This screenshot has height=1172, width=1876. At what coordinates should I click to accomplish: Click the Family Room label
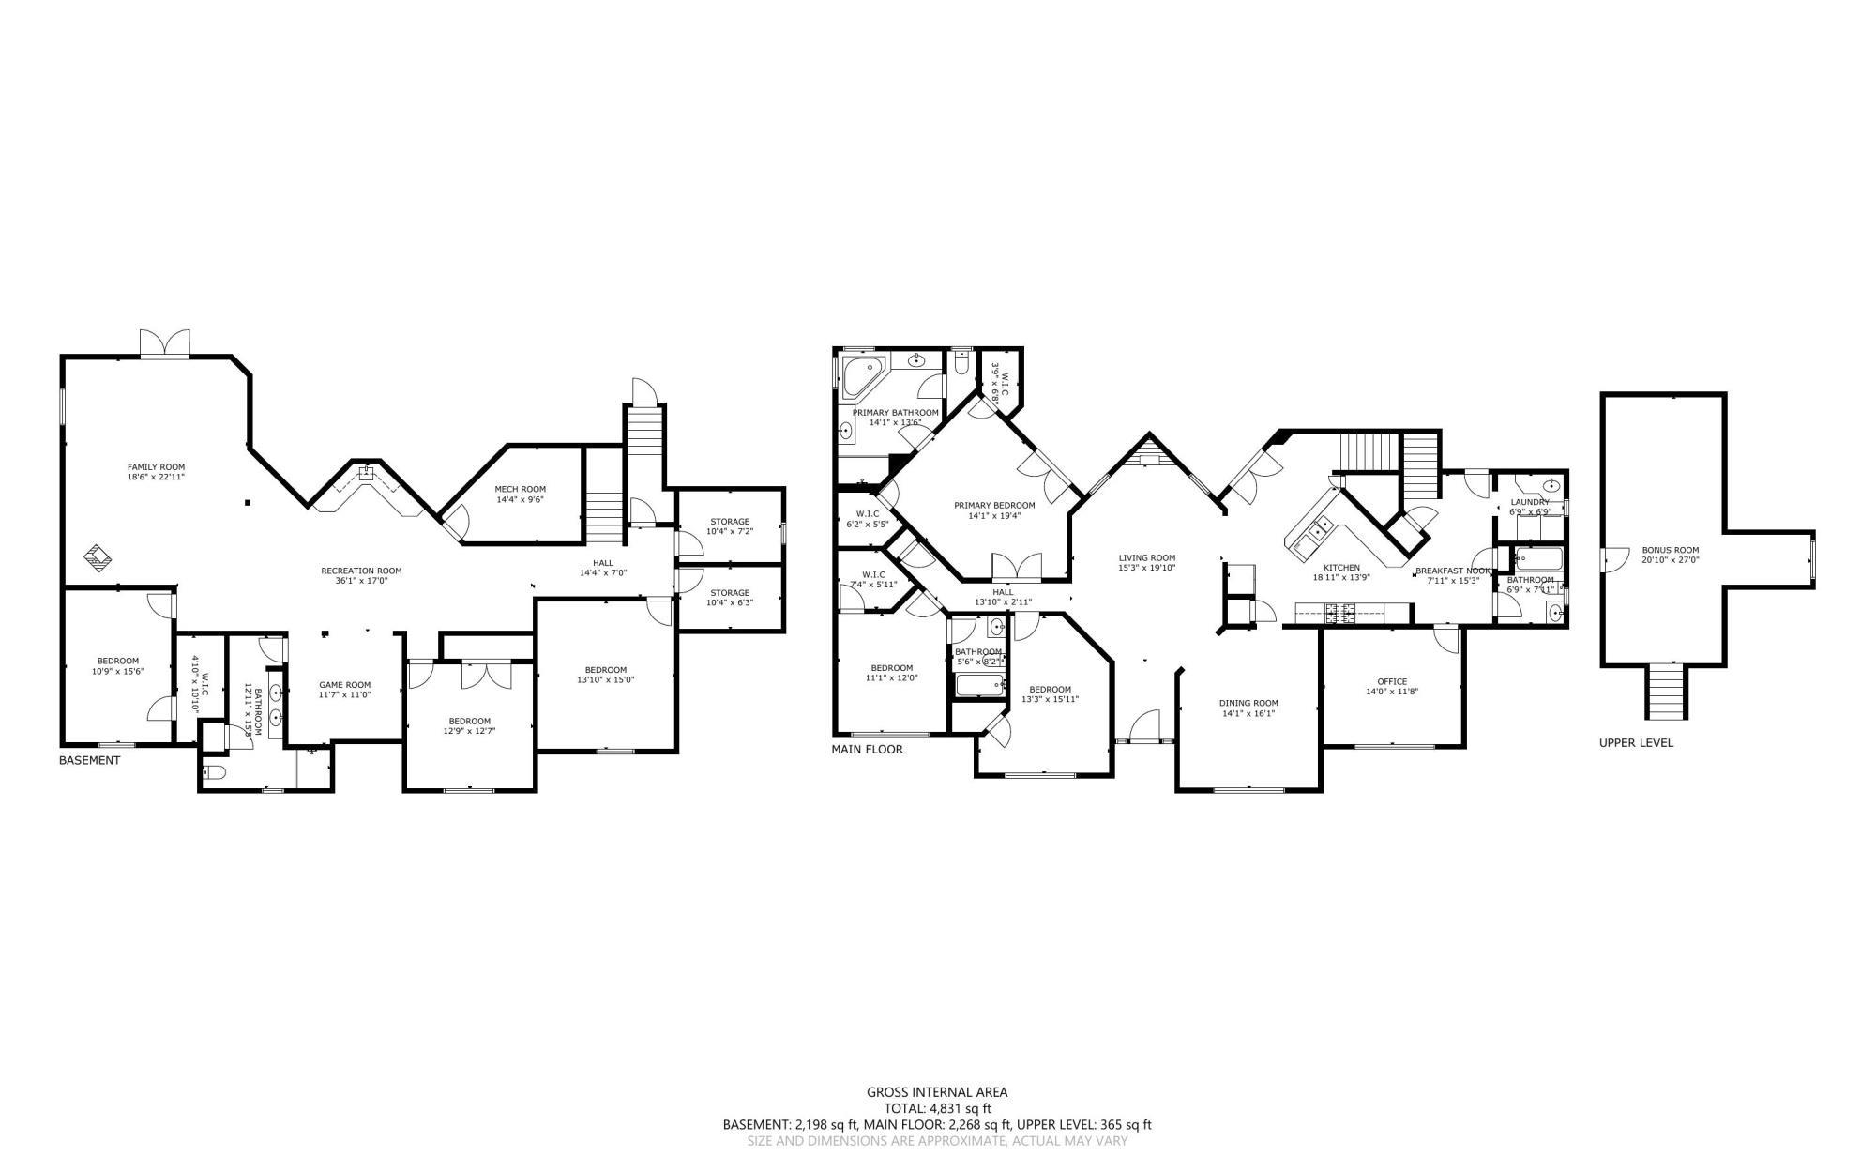[156, 466]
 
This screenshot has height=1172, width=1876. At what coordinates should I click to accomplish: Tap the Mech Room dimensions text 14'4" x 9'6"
[520, 500]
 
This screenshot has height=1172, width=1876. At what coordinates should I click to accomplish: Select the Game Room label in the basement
[344, 684]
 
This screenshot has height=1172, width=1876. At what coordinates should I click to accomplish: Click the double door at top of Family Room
[165, 343]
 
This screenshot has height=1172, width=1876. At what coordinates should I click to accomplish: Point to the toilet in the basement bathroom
[215, 773]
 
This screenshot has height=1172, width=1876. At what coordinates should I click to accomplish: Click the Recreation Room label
[361, 571]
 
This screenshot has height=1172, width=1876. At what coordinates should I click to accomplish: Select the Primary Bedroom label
[994, 505]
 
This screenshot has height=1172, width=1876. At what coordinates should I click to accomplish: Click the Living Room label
[1146, 557]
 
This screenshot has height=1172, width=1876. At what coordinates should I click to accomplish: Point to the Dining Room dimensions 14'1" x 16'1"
[1248, 713]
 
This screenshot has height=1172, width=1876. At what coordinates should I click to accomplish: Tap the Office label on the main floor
[1392, 681]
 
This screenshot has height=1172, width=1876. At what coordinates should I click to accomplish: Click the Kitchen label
[1341, 567]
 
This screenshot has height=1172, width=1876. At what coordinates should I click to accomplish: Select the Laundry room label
[1530, 502]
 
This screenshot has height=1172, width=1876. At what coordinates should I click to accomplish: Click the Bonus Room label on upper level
[1670, 550]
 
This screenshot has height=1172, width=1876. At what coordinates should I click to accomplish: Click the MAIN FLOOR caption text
[867, 749]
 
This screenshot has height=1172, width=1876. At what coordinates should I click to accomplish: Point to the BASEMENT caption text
[89, 760]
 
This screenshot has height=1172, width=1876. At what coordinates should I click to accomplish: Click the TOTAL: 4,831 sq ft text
[937, 1108]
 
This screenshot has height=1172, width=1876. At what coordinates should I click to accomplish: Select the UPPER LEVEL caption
[1636, 742]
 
